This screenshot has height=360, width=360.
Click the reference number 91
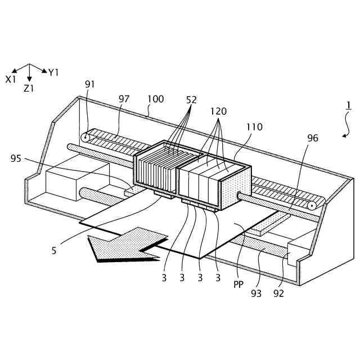90,84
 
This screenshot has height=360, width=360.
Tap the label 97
124,99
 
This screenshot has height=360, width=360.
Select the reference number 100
156,99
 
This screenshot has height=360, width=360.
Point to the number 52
191,100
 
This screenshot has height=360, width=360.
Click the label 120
219,111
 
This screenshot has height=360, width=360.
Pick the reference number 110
254,127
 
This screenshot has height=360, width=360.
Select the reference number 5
54,251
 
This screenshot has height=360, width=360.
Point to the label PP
238,285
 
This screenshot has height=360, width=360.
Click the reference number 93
256,293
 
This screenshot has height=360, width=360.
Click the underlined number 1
349,105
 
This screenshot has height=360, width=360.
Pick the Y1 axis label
53,73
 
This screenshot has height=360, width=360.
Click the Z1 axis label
29,89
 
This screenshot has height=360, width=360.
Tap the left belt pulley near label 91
85,137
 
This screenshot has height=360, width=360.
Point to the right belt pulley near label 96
311,206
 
